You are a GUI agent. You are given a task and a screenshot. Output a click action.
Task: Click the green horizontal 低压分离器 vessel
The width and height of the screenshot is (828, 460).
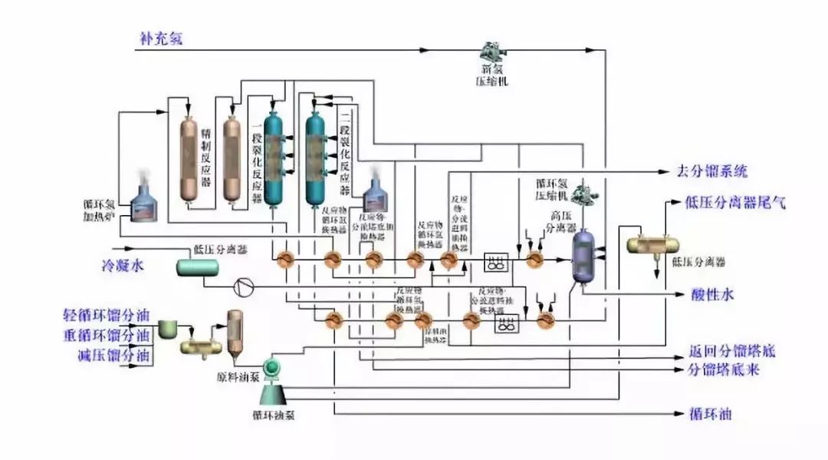[x=197, y=267]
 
